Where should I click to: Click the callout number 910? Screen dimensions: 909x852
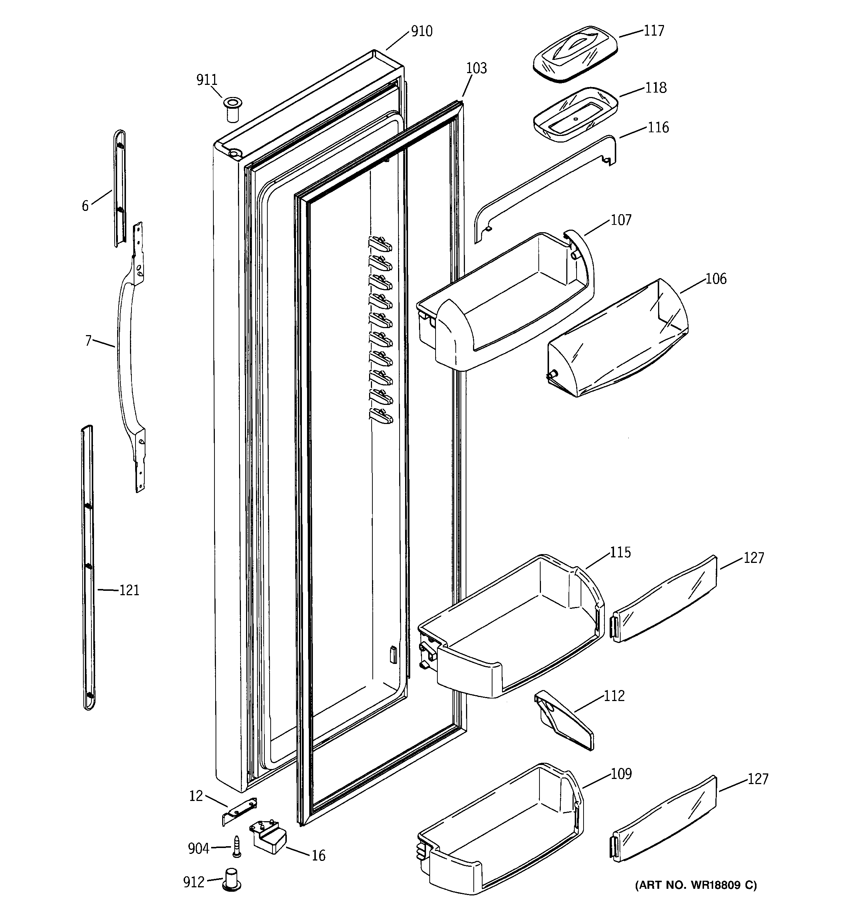point(422,32)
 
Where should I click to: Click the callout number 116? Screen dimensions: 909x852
point(658,127)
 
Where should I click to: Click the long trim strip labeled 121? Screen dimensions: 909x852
point(88,567)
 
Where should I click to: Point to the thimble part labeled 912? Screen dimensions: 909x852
point(232,879)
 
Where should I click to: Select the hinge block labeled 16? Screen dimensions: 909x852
point(268,838)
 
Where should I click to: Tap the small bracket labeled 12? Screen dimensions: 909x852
point(239,812)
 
